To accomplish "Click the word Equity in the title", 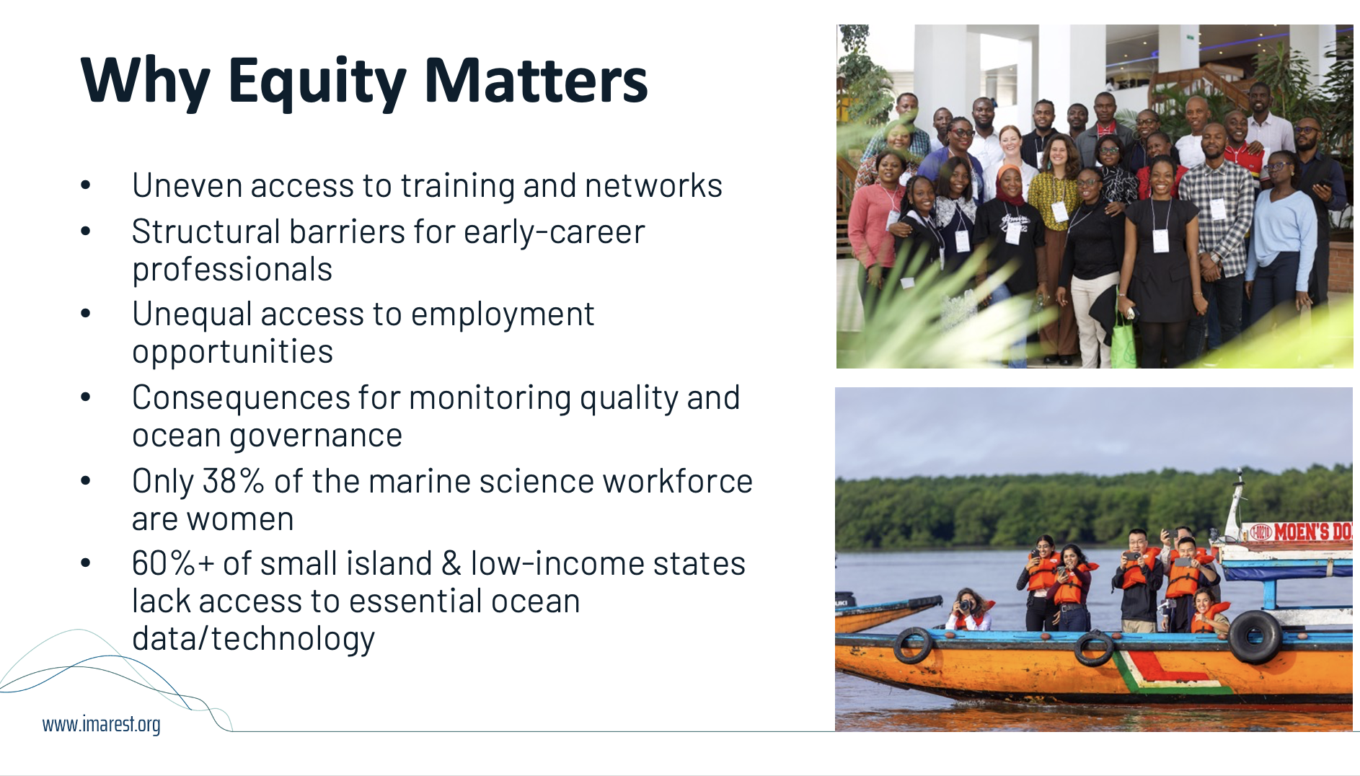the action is (x=317, y=82).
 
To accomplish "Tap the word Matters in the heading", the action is (x=536, y=79).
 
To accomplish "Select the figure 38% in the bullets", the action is (x=234, y=481).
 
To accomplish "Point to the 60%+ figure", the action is (x=173, y=563).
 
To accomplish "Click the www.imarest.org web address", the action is (x=102, y=724).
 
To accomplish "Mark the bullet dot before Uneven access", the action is (x=86, y=186).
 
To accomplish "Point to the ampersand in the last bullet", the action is (x=451, y=563).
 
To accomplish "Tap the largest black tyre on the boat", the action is (x=1255, y=636).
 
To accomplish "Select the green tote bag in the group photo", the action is (x=1123, y=343).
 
